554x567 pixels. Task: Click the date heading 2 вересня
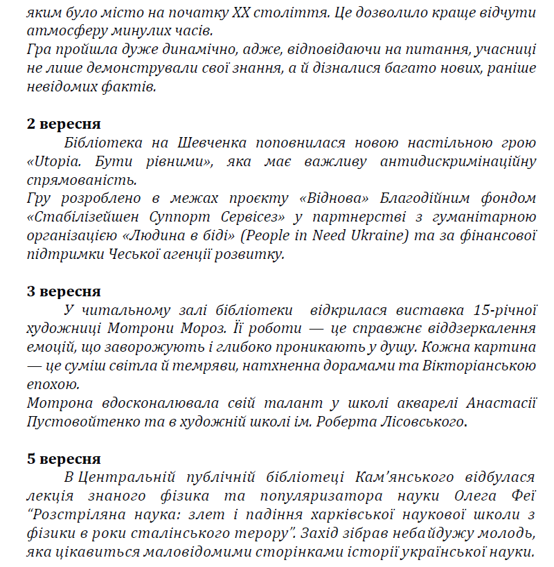tap(64, 125)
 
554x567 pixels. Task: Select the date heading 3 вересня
tap(64, 291)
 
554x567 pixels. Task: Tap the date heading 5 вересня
tap(64, 459)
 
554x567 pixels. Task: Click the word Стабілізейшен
tap(80, 218)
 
